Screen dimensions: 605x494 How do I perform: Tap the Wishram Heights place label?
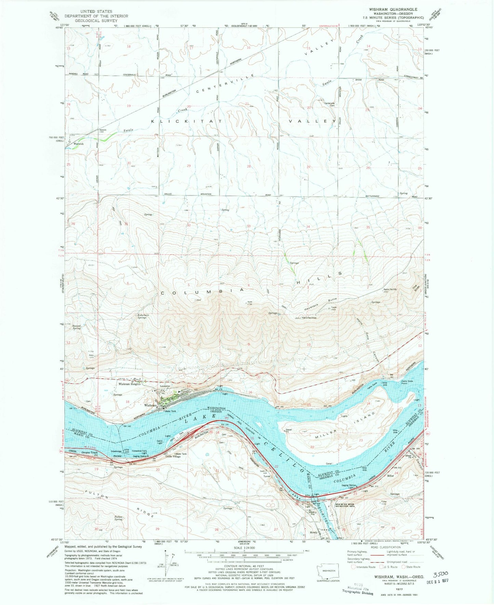coord(129,384)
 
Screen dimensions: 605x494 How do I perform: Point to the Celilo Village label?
coord(173,457)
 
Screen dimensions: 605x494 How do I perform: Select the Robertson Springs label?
coord(142,316)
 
